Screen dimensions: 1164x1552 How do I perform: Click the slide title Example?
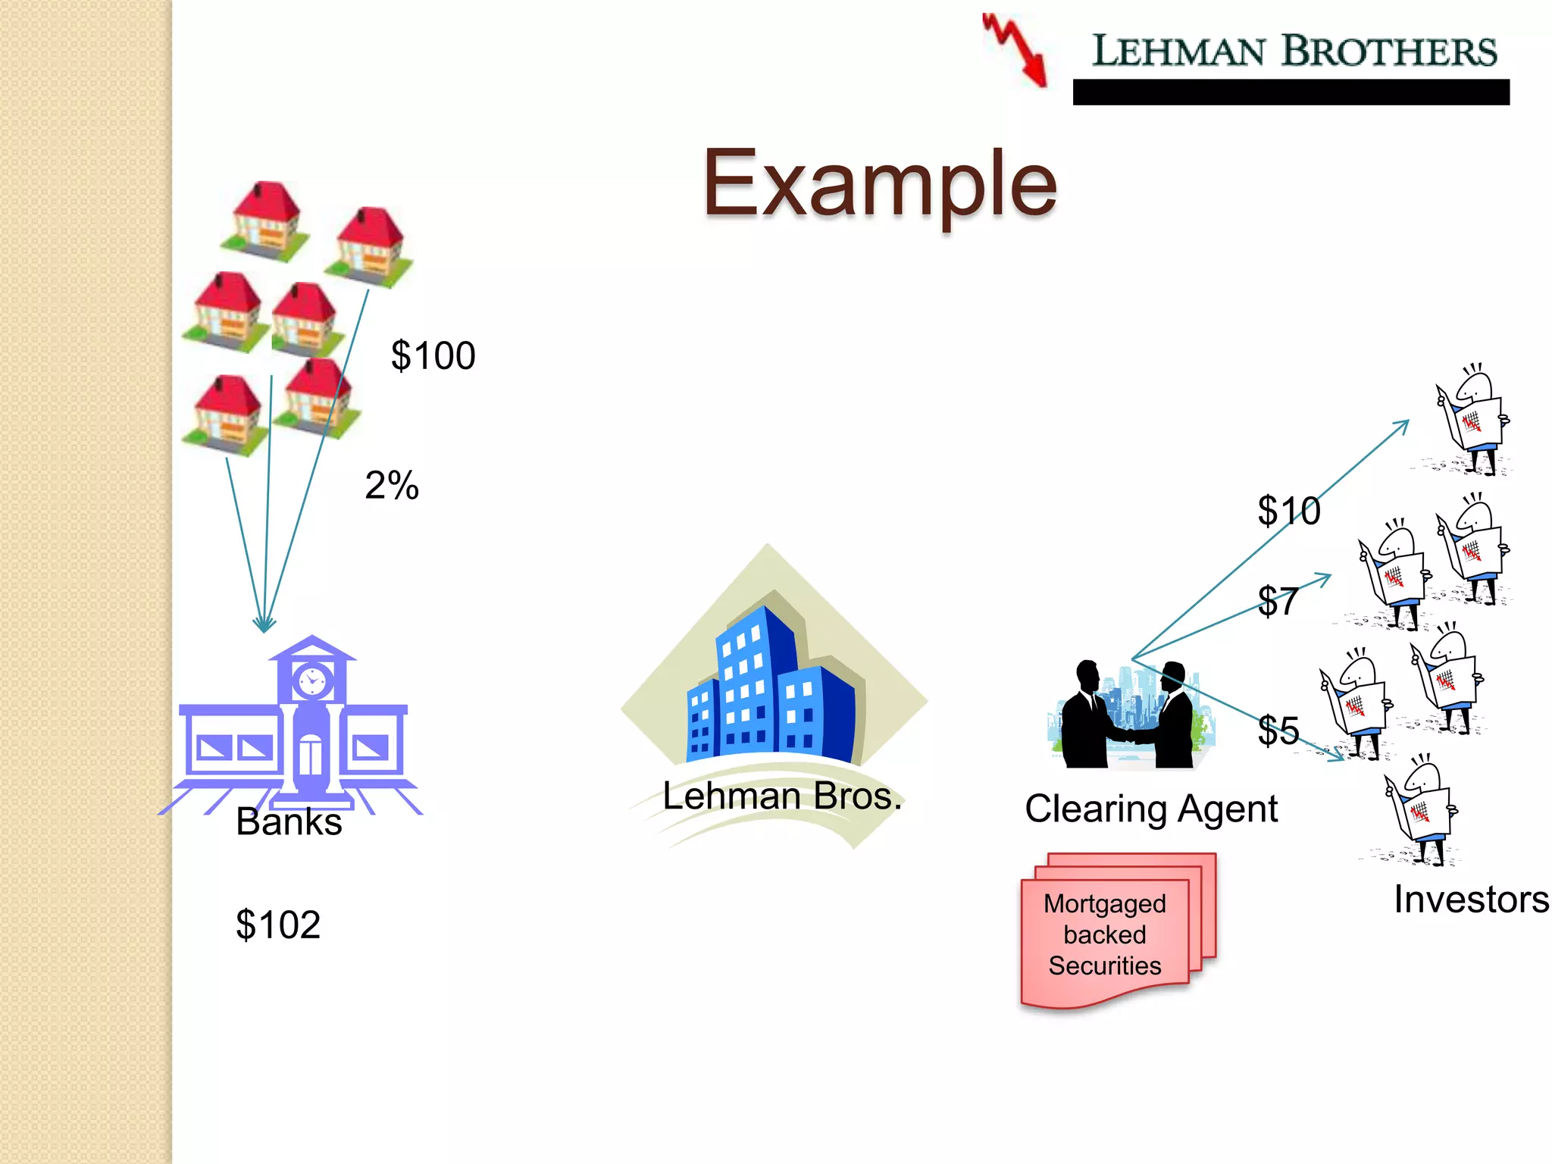coord(879,184)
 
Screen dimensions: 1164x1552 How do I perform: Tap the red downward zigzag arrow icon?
coord(1016,50)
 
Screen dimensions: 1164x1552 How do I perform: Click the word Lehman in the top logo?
coord(1178,52)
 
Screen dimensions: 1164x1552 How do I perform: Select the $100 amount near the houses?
coord(433,355)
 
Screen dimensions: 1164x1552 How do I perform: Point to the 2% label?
coord(392,485)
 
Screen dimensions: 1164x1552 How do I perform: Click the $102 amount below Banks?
coord(278,925)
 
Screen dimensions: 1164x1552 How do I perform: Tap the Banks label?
coord(289,821)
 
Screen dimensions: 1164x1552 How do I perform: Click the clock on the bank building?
coord(311,680)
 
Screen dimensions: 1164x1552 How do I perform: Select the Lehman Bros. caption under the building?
coord(782,796)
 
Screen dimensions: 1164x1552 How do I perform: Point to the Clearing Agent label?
coord(1150,809)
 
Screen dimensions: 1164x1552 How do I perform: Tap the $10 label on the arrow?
coord(1288,511)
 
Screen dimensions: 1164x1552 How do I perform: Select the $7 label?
coord(1278,602)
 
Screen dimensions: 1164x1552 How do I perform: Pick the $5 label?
coord(1278,731)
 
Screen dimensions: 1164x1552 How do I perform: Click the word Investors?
coord(1471,900)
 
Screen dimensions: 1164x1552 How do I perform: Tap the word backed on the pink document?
coord(1104,934)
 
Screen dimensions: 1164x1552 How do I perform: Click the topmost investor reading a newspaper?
coord(1472,421)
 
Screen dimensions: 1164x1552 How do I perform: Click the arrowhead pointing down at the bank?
coord(264,624)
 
